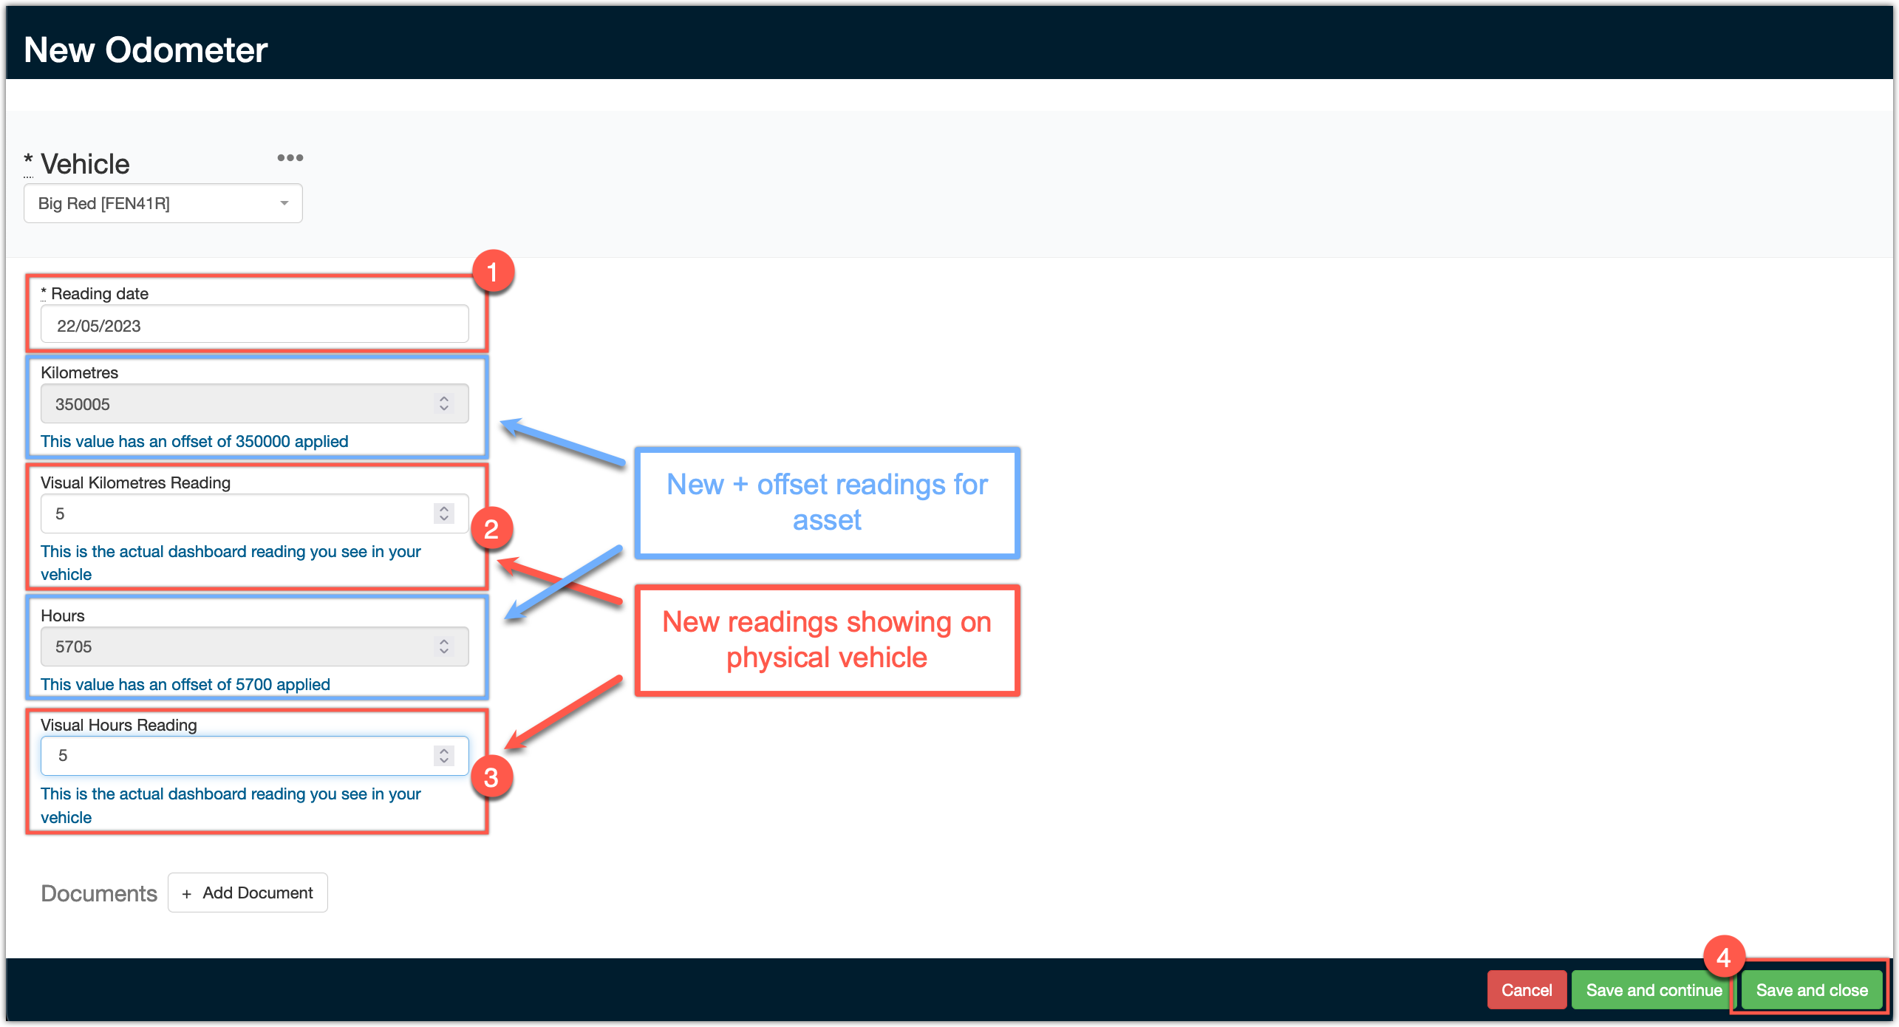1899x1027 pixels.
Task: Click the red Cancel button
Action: tap(1527, 990)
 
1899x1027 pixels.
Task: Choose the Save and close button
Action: tap(1812, 990)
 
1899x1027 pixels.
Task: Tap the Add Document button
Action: tap(248, 893)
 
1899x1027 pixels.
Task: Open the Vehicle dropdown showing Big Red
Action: tap(163, 203)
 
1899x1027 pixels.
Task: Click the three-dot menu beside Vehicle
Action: tap(290, 157)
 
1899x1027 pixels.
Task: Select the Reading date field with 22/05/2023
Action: tap(255, 325)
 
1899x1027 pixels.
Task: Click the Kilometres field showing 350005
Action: tap(255, 403)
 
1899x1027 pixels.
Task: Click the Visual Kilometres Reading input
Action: tap(255, 513)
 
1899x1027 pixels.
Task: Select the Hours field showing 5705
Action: tap(255, 646)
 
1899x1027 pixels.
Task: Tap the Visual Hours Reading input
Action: tap(255, 755)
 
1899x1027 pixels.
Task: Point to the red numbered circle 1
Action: tap(493, 271)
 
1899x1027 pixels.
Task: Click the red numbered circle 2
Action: tap(491, 528)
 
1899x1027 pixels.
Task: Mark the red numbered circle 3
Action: tap(491, 777)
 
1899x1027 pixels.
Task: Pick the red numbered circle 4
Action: tap(1724, 958)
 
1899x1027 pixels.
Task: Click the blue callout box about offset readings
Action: tap(828, 502)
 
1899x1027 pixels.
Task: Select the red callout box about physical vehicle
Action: tap(828, 640)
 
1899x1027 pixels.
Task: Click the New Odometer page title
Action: tap(146, 50)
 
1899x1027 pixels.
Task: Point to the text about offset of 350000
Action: tap(194, 441)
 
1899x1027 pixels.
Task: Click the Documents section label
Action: tap(99, 893)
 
